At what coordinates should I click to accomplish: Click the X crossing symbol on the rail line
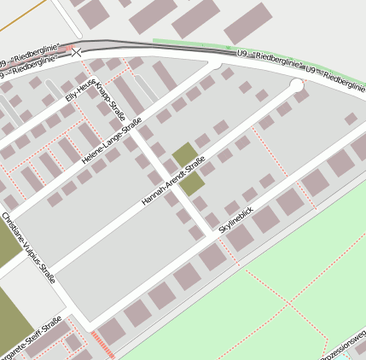pos(78,53)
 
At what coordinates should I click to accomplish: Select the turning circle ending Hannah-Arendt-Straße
pos(296,85)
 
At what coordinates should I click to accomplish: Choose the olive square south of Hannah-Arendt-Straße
pos(193,183)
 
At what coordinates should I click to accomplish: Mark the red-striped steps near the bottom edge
pos(102,346)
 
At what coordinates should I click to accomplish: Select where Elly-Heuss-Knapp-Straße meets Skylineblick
pos(212,234)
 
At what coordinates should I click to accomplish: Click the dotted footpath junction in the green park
pos(290,303)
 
